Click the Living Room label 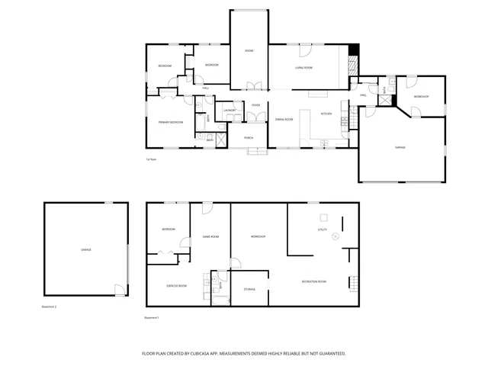click(304, 69)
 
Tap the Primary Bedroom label click(169, 122)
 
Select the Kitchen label click(326, 114)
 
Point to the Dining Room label click(284, 120)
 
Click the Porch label click(249, 137)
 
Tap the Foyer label click(256, 105)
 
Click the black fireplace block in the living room click(353, 52)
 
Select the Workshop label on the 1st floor click(421, 97)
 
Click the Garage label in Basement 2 click(85, 250)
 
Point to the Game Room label click(210, 237)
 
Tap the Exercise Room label click(177, 286)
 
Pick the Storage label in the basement click(249, 290)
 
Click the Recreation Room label click(313, 282)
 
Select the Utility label click(322, 229)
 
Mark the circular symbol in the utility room click(333, 237)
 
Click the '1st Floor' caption click(151, 159)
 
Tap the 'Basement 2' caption click(50, 307)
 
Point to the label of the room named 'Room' click(249, 51)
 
